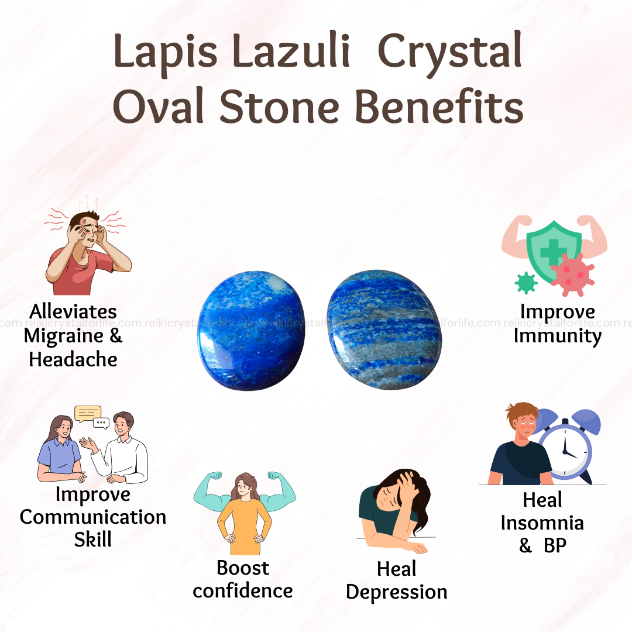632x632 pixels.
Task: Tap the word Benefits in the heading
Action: [439, 107]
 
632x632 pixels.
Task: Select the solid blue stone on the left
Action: [251, 331]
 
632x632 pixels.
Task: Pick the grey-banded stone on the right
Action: [384, 329]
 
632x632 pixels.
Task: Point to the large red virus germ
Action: [572, 274]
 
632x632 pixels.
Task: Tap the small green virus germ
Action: [526, 283]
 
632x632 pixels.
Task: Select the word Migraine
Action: [64, 336]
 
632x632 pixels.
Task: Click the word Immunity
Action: [558, 336]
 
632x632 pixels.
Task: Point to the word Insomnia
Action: [542, 523]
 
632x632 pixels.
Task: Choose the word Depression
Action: [397, 592]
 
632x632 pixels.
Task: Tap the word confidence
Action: [243, 591]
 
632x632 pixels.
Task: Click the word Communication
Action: [93, 517]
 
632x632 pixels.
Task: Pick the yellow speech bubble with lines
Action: [88, 414]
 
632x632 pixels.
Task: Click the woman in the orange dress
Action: [244, 514]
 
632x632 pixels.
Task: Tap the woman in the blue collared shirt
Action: [60, 449]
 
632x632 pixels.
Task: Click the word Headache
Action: [73, 359]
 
